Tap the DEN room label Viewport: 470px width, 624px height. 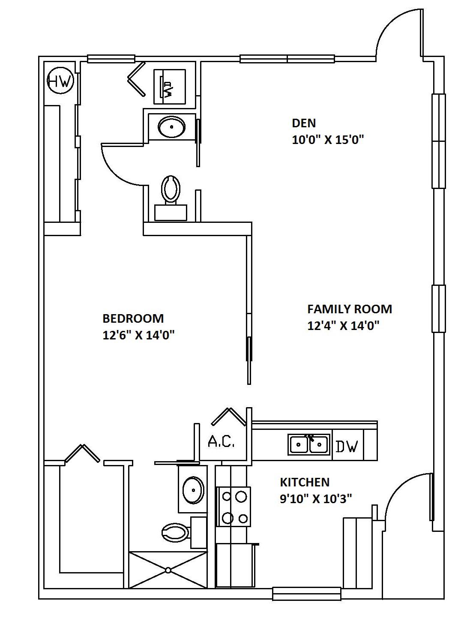tap(304, 123)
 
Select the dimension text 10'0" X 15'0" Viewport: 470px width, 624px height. tap(328, 140)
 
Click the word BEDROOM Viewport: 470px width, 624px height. tap(133, 318)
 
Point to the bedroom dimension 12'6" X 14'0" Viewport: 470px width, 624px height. tap(138, 335)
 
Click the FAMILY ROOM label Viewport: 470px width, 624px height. tap(350, 309)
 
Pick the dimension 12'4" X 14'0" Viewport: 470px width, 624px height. tap(344, 326)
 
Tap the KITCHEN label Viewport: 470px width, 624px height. tap(305, 482)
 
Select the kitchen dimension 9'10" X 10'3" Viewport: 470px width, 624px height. tap(316, 499)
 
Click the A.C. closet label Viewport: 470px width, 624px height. tap(221, 441)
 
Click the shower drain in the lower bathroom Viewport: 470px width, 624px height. tap(168, 570)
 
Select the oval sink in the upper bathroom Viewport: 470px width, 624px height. tap(171, 127)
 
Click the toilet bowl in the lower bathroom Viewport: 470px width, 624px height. tap(176, 533)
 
